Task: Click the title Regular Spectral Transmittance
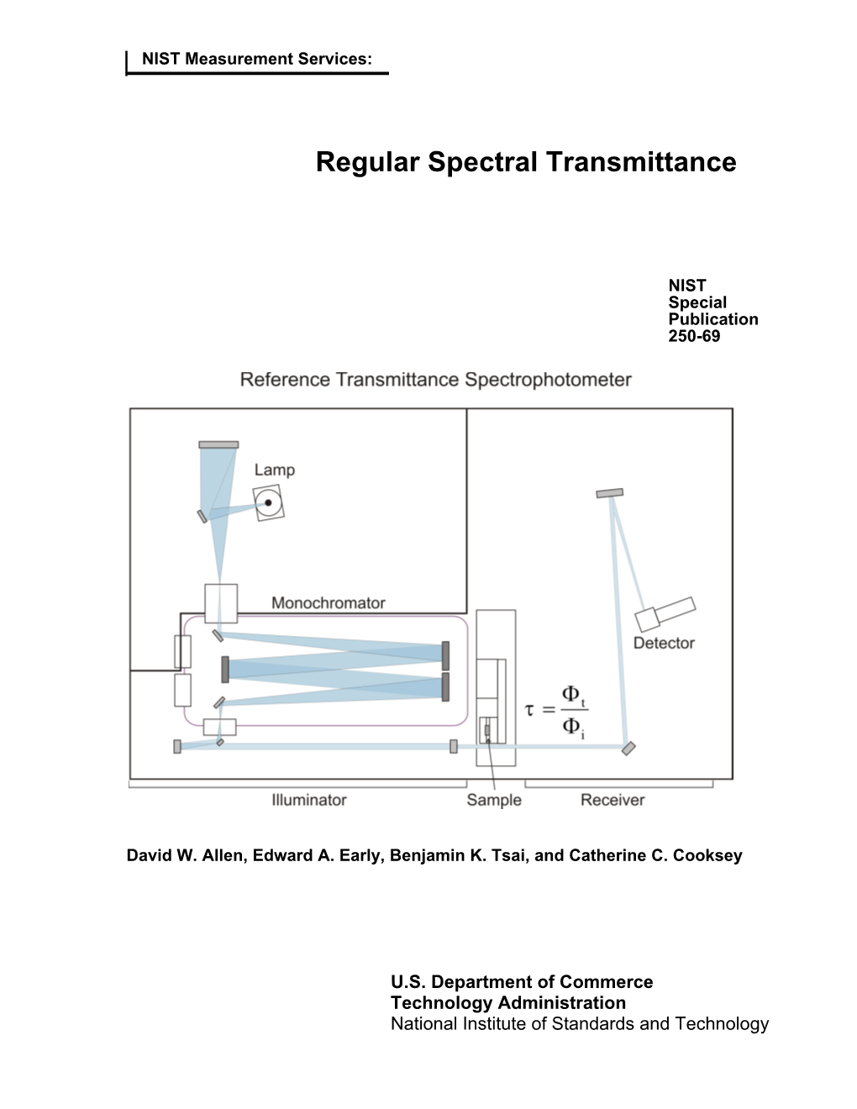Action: click(526, 162)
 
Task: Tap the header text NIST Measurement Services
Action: click(256, 59)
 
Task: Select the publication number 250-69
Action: click(694, 336)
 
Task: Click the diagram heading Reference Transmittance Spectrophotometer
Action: click(435, 380)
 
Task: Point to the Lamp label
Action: click(275, 470)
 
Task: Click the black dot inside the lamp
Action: click(269, 503)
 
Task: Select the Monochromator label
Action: click(328, 603)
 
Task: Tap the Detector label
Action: click(664, 643)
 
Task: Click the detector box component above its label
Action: click(665, 613)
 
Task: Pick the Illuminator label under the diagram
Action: click(308, 800)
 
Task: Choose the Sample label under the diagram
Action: click(494, 800)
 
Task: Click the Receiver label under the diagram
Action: click(613, 800)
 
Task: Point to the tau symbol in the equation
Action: click(529, 710)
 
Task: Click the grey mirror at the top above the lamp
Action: click(218, 444)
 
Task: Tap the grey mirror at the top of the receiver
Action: click(610, 493)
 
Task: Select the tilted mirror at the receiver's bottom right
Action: click(628, 748)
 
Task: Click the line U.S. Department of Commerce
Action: click(522, 982)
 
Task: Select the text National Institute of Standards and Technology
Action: click(580, 1023)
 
